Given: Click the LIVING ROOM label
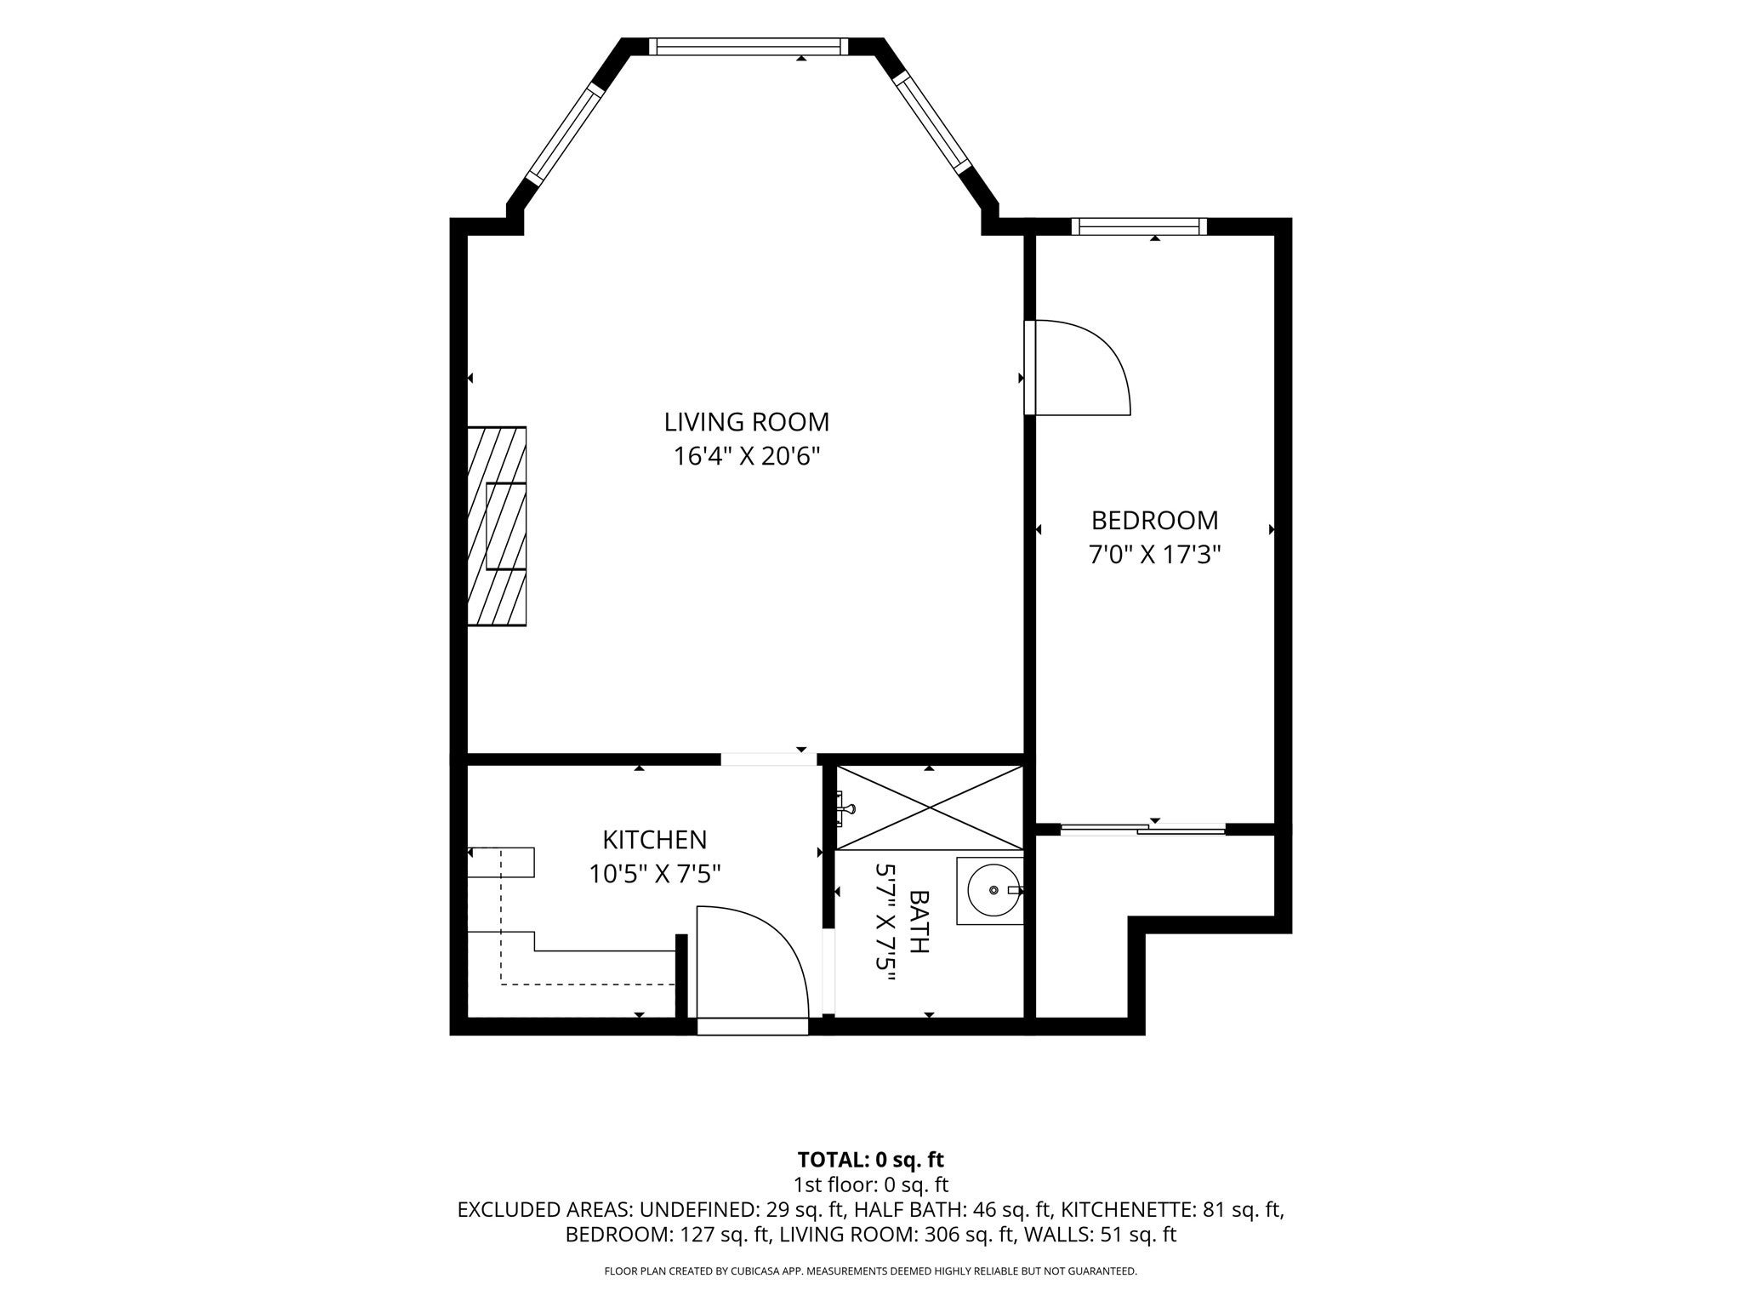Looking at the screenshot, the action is [746, 422].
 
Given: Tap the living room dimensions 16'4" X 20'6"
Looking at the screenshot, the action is [746, 457].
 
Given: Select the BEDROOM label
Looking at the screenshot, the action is [1154, 520].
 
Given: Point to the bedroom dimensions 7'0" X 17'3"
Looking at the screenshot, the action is [1154, 555].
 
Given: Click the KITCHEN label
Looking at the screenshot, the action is [654, 840].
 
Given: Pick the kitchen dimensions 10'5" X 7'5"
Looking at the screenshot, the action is [654, 874].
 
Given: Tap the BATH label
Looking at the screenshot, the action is [919, 922].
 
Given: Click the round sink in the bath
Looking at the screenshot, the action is [993, 890].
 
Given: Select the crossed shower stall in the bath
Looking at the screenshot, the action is [930, 807].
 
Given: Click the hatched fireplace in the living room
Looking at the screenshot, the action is [497, 526].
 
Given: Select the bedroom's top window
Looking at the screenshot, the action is [1139, 226].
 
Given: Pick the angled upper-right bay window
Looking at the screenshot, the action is [932, 124].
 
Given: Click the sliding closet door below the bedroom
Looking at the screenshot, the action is [1142, 829].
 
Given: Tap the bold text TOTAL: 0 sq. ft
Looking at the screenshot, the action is [871, 1160].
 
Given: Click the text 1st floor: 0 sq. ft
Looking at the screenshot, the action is [871, 1184].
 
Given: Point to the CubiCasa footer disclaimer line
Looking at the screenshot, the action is [871, 1271].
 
